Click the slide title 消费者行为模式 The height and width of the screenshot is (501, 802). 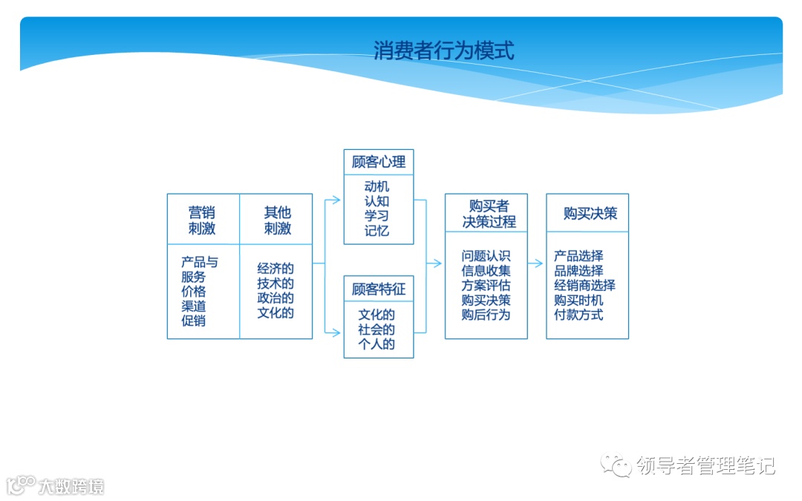(x=444, y=50)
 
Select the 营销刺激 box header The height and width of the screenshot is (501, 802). (x=202, y=220)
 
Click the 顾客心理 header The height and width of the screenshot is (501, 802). (x=379, y=162)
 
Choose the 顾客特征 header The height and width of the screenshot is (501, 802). (x=379, y=288)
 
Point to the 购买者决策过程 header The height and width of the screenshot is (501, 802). (x=487, y=214)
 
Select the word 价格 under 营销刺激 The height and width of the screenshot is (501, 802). (x=193, y=291)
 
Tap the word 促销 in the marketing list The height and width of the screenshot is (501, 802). (x=193, y=321)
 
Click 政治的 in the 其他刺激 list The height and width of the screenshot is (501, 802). (x=276, y=298)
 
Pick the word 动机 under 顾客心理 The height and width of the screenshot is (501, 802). (x=376, y=186)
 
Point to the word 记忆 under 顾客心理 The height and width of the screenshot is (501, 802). (x=376, y=230)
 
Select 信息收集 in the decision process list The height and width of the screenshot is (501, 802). (x=486, y=271)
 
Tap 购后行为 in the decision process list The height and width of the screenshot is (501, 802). (x=486, y=315)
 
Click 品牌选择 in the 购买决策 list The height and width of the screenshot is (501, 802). (x=578, y=271)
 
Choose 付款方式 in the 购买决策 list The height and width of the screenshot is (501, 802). (x=578, y=315)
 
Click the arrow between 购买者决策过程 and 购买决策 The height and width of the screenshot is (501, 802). (x=536, y=263)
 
